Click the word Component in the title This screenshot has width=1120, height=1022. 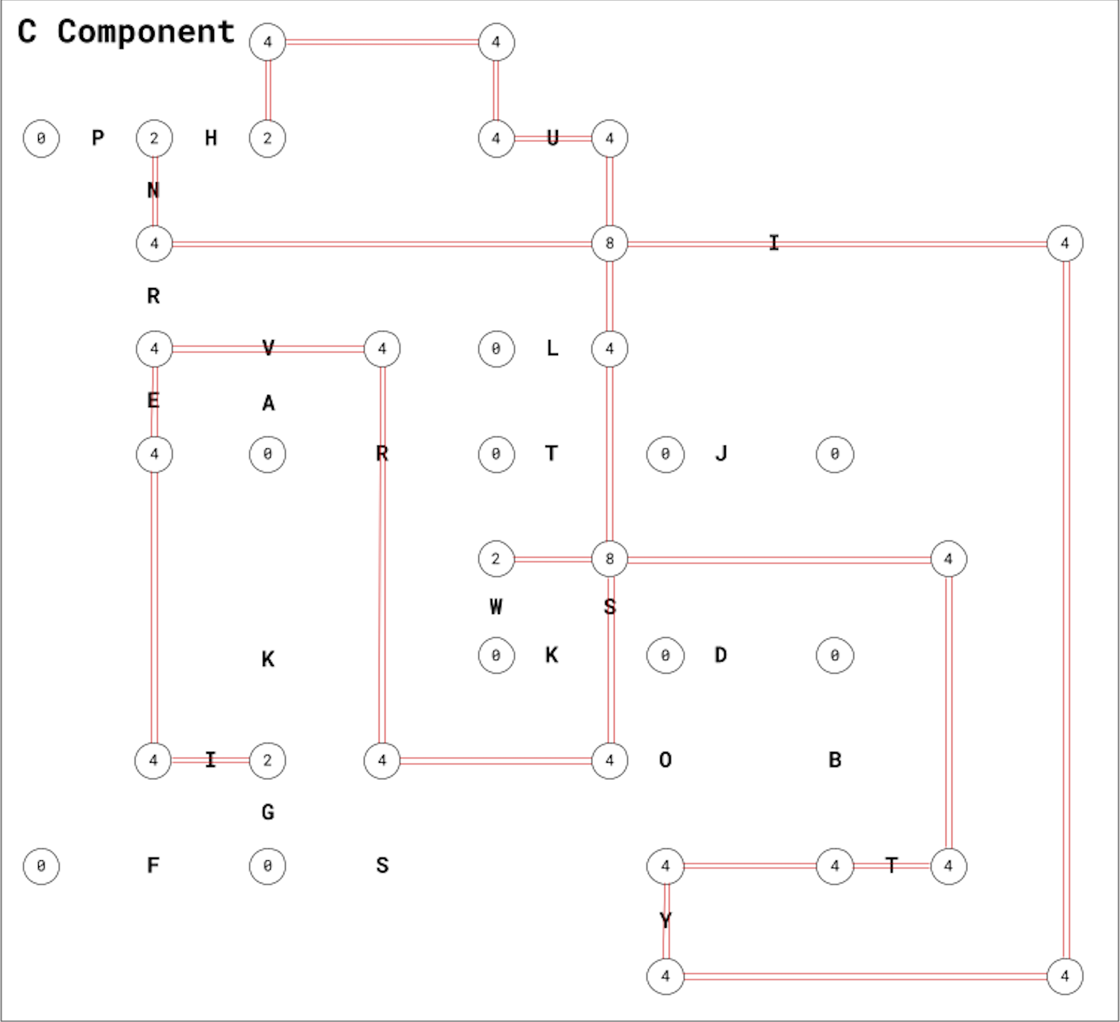(x=145, y=32)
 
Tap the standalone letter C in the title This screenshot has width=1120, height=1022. (x=27, y=32)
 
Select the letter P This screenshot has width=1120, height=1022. (x=98, y=138)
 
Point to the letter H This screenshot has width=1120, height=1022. (x=211, y=138)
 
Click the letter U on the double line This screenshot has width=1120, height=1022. (x=553, y=138)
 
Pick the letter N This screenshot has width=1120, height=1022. (x=153, y=191)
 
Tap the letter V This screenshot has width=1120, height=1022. (x=268, y=348)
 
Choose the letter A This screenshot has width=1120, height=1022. (x=268, y=403)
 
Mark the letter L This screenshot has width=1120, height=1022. (x=553, y=348)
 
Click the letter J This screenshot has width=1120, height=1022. (x=721, y=454)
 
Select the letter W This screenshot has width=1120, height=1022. (x=496, y=607)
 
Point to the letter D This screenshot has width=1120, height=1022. (x=721, y=656)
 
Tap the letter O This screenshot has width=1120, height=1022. (x=665, y=760)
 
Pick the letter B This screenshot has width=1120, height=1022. (x=835, y=760)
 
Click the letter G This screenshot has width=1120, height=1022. (x=268, y=813)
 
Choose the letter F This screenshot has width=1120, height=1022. (x=153, y=865)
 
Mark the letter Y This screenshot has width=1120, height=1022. (x=665, y=921)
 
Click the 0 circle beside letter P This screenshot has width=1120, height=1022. (x=41, y=138)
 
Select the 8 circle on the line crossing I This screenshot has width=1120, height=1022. (x=609, y=243)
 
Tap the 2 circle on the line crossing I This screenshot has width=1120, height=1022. (x=267, y=760)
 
